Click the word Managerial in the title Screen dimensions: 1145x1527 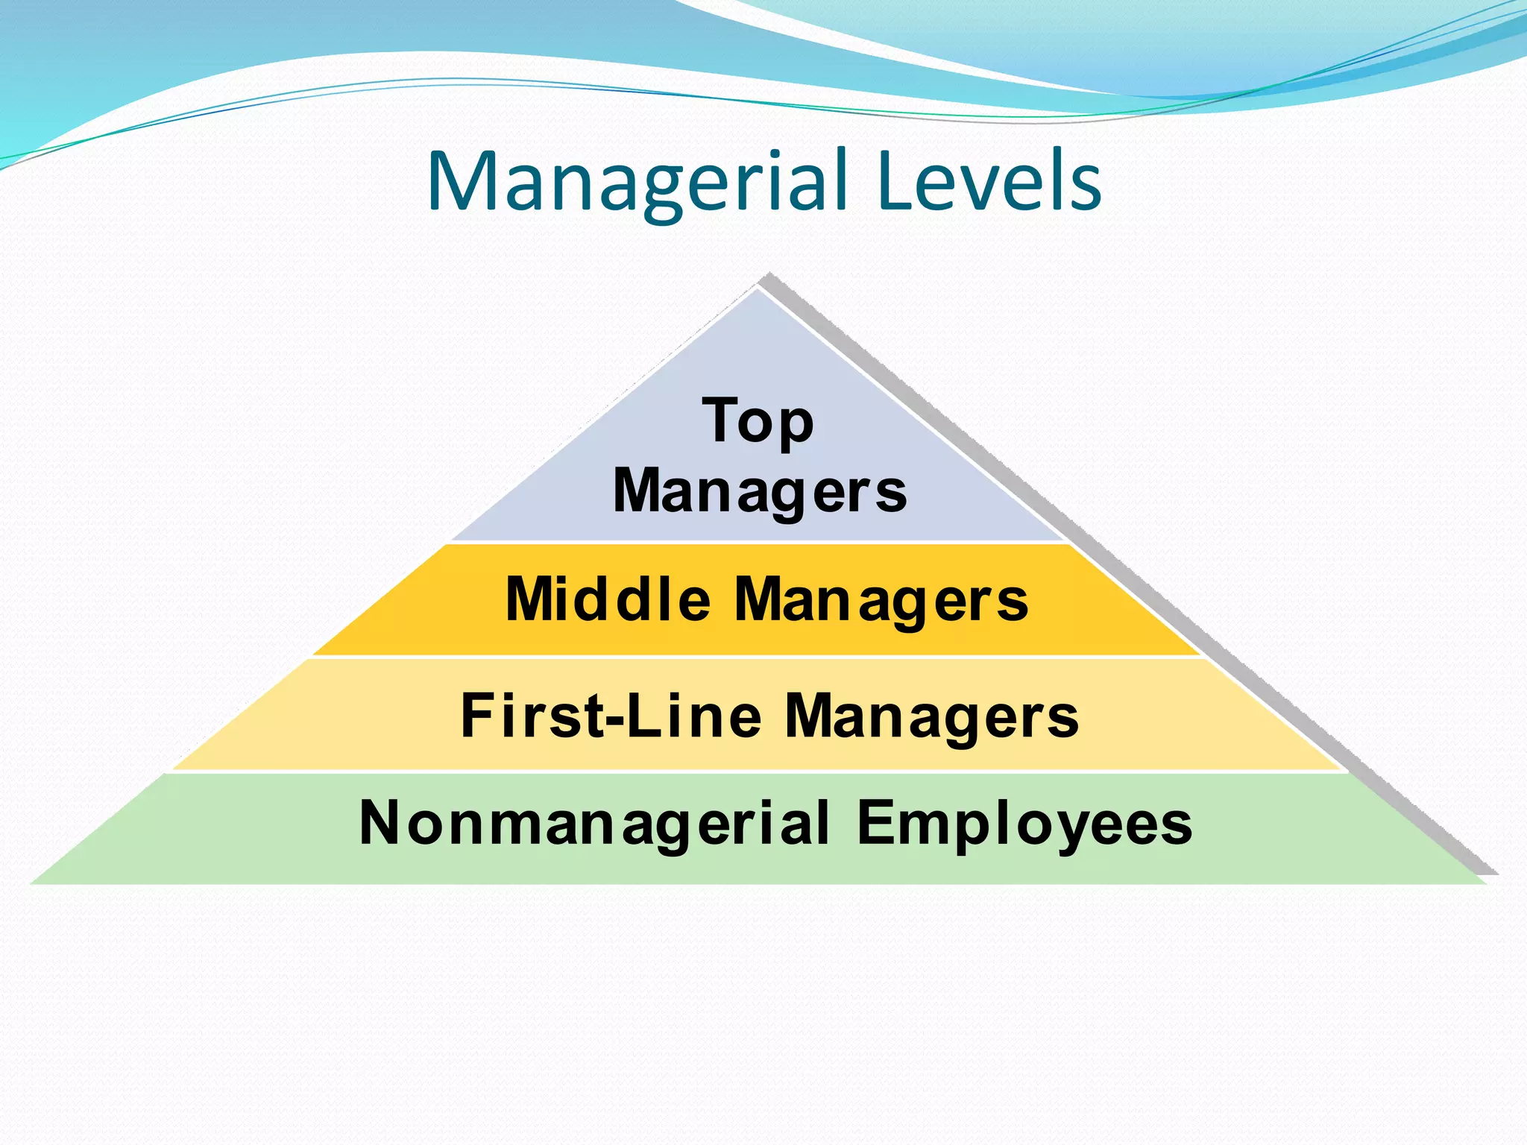(x=638, y=183)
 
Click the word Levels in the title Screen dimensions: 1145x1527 (x=989, y=183)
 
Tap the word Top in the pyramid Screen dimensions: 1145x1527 (x=758, y=422)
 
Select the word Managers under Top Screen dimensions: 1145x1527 (x=760, y=492)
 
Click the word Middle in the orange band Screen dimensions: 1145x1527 (x=608, y=599)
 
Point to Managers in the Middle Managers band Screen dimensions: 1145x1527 (x=881, y=601)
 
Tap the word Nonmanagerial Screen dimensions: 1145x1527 (x=594, y=823)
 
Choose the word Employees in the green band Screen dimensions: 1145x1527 (x=1024, y=824)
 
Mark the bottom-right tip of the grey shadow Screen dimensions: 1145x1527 (x=1497, y=874)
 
